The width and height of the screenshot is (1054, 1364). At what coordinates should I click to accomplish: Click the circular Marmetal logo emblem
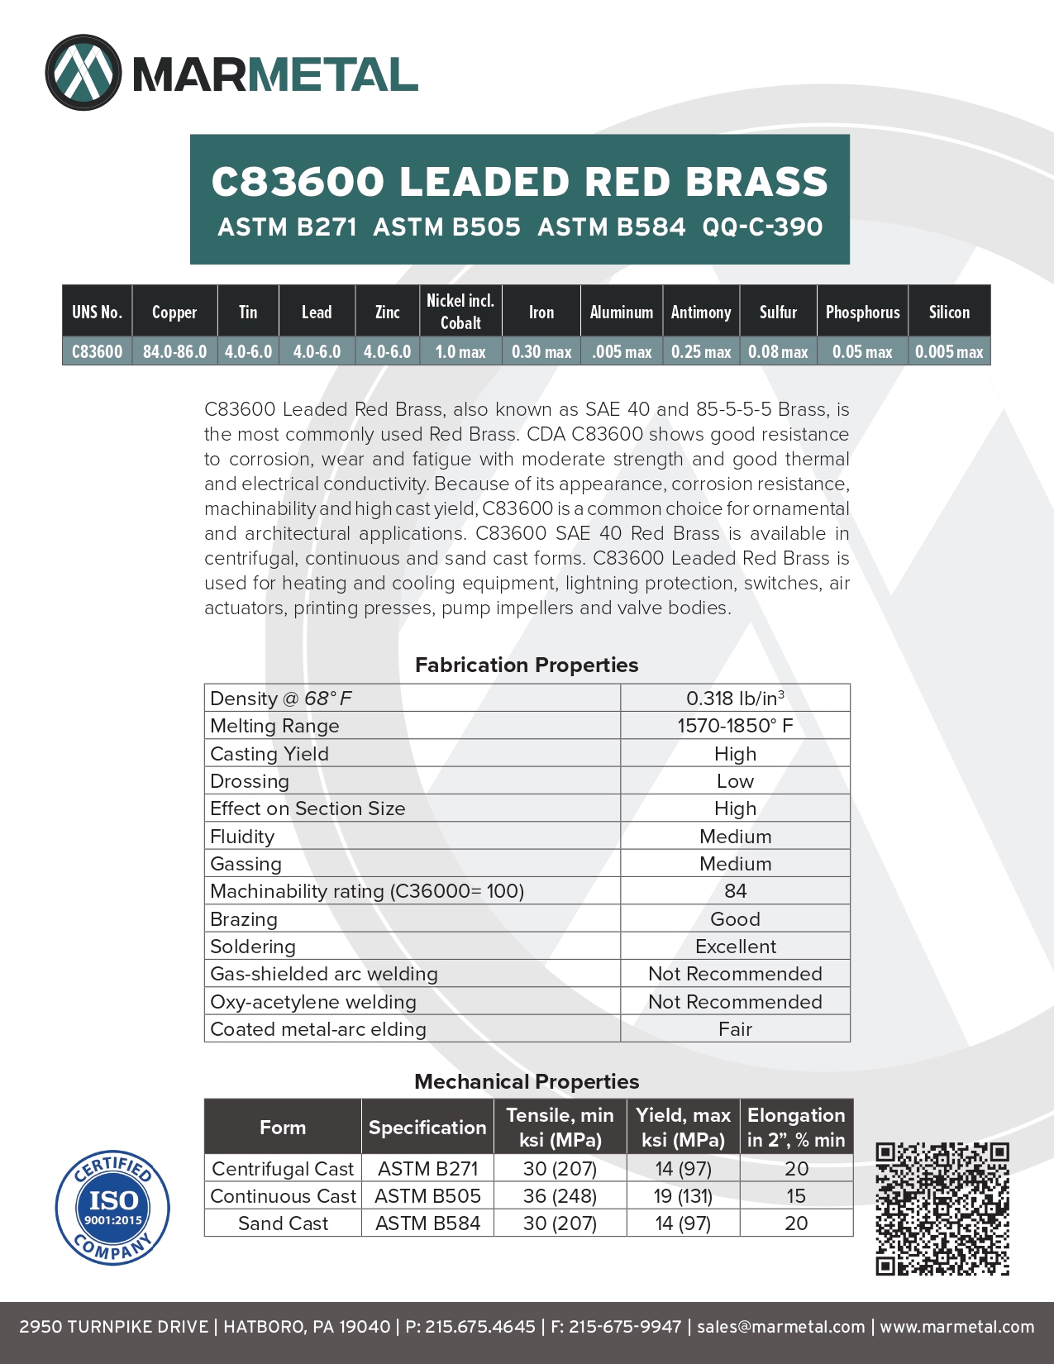(x=83, y=73)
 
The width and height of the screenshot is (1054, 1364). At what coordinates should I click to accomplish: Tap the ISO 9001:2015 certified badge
(x=112, y=1207)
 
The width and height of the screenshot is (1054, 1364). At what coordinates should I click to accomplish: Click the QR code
(x=942, y=1209)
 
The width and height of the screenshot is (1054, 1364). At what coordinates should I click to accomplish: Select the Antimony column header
(x=701, y=312)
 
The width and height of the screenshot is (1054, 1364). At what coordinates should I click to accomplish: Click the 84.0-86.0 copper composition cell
(x=174, y=351)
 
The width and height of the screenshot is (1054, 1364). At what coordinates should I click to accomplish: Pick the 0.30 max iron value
(x=541, y=351)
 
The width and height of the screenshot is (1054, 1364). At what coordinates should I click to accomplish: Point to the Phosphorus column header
(x=862, y=312)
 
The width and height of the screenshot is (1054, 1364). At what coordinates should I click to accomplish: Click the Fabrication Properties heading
(x=527, y=665)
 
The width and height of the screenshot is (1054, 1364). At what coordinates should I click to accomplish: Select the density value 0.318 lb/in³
(x=735, y=699)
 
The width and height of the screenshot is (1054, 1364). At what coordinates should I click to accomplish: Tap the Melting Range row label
(x=274, y=726)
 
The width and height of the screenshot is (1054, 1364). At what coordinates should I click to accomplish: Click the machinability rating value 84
(x=735, y=891)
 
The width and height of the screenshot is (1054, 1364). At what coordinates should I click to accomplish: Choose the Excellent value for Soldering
(x=735, y=947)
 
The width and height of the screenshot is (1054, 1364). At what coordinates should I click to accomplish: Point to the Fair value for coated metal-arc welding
(x=735, y=1029)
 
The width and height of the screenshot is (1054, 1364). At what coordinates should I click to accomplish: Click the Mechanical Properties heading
(x=527, y=1081)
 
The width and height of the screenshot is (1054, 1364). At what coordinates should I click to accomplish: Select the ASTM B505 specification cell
(x=427, y=1196)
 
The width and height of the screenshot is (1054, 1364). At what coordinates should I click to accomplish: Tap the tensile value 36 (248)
(x=560, y=1196)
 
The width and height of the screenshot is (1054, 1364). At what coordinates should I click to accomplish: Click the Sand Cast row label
(x=283, y=1223)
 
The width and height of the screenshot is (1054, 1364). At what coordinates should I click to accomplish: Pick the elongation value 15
(x=796, y=1196)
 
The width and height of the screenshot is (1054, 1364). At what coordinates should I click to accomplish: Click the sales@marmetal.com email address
(x=780, y=1327)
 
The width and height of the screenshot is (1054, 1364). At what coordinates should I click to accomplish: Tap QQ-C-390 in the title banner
(x=762, y=227)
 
